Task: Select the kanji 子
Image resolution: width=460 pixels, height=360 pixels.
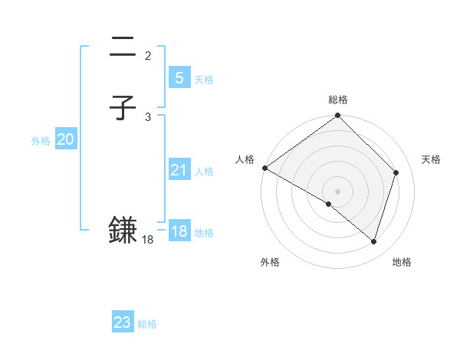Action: tap(123, 109)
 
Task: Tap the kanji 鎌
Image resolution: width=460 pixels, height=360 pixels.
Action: tap(123, 230)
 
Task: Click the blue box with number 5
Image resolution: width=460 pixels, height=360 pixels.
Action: tap(179, 77)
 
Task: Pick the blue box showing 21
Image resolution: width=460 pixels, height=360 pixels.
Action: tap(179, 170)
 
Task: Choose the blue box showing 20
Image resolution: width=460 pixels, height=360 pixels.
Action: tap(66, 139)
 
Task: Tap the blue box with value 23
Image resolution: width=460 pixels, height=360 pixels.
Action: tap(122, 322)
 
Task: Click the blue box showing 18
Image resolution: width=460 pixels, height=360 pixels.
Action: tap(179, 231)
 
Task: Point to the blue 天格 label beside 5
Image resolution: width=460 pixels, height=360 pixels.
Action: tap(204, 80)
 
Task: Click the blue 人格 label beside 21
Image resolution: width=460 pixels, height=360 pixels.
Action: tap(204, 172)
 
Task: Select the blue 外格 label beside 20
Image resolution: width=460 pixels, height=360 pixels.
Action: tap(41, 141)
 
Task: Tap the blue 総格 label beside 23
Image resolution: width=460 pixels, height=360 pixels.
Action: tap(147, 324)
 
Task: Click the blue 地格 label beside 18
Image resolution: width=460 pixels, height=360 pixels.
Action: tap(204, 233)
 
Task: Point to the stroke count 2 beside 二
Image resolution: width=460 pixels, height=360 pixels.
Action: tap(148, 55)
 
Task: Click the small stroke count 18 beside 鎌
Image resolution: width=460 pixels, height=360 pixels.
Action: tap(148, 240)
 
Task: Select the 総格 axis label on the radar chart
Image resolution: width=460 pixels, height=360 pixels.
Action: tap(338, 100)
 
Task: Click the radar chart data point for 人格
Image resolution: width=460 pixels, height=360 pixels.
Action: tap(264, 168)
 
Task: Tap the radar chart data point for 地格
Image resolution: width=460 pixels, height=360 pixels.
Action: tap(374, 241)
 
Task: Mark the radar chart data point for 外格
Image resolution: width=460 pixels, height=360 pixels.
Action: tap(329, 204)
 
